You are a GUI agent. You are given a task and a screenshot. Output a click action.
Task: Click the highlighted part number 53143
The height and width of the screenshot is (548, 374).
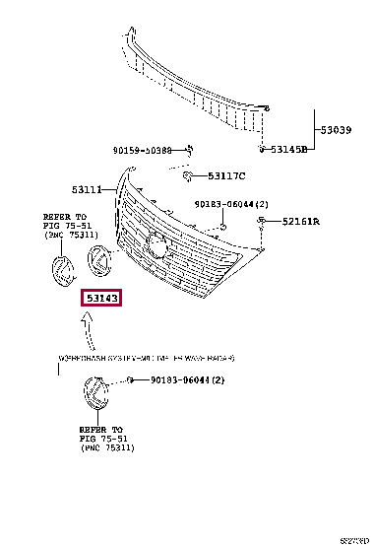point(101,296)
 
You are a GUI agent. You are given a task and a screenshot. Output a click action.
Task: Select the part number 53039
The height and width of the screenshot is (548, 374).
point(336,129)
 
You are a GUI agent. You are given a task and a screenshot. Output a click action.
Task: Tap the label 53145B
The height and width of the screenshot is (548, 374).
point(289,149)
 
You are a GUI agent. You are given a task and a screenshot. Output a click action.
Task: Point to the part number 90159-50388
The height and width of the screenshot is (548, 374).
point(142,151)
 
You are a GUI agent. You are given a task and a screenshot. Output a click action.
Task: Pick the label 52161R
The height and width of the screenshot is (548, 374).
point(301,222)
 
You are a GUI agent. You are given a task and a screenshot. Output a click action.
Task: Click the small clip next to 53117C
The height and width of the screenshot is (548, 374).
point(185,175)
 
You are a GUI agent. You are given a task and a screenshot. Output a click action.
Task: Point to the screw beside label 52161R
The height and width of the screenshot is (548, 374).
point(262,223)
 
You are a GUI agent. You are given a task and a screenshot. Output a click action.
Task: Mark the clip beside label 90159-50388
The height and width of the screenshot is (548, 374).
point(191,149)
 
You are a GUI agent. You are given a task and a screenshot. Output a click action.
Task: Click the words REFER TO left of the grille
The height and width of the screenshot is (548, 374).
point(64,216)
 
